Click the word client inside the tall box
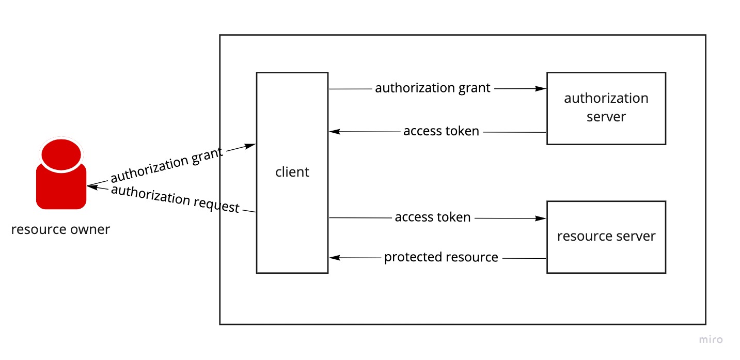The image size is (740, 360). [x=292, y=172]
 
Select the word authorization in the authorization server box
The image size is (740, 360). [x=606, y=98]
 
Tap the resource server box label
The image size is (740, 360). [x=606, y=236]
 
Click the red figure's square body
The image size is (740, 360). [x=61, y=189]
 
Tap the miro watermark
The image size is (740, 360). [x=711, y=339]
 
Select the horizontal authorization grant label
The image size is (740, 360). [x=432, y=88]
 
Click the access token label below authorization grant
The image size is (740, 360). [x=441, y=132]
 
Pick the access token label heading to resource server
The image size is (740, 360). [x=433, y=217]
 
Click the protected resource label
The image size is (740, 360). [x=441, y=257]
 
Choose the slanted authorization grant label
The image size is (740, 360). [x=167, y=165]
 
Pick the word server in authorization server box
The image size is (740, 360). [x=606, y=117]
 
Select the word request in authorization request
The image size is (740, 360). [x=217, y=205]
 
